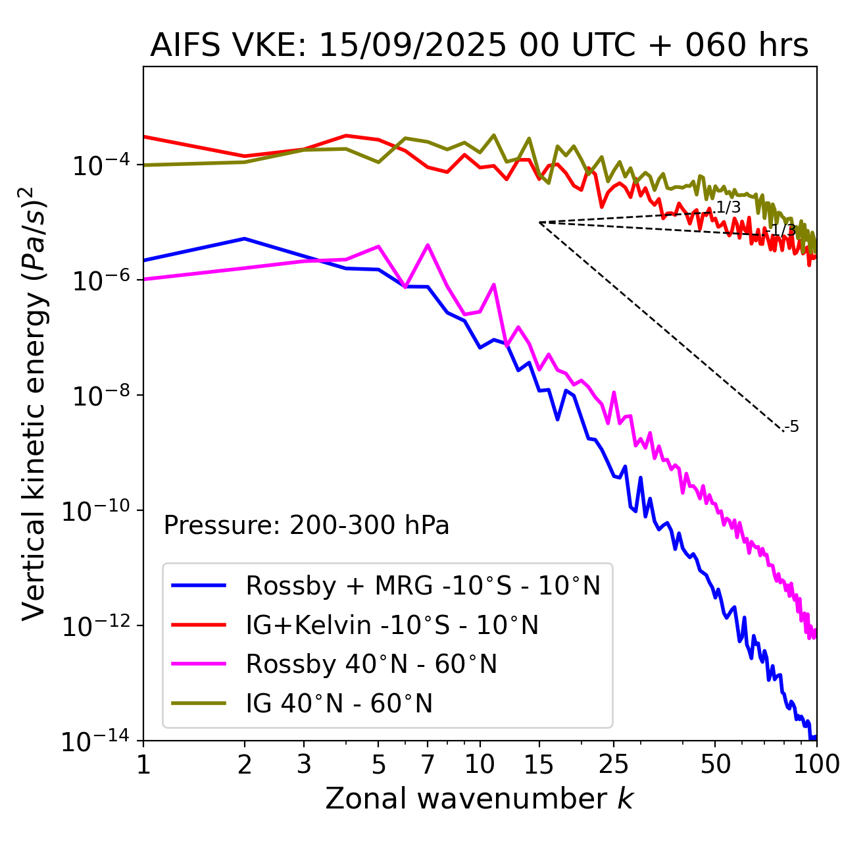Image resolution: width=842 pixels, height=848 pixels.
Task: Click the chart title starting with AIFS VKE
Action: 479,46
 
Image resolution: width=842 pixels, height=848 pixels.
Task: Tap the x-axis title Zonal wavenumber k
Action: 479,799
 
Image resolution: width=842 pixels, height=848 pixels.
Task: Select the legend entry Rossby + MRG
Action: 423,585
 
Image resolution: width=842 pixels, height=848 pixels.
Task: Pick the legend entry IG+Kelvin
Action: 392,625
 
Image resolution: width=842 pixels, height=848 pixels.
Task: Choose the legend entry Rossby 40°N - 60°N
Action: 371,664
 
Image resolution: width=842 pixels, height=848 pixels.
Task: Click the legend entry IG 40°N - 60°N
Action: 339,704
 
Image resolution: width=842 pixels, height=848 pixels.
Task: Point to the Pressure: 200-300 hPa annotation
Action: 307,525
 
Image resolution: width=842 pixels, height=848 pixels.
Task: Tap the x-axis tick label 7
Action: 428,764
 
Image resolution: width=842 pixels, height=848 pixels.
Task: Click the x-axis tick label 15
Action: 539,764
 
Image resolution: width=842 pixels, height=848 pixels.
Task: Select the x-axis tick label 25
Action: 614,764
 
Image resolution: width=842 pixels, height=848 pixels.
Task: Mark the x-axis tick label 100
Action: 816,764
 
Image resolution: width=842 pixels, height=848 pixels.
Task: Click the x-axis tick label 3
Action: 304,764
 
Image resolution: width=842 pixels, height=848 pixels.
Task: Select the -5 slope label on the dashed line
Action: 793,427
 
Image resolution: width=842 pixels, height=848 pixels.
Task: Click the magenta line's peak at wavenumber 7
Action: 428,245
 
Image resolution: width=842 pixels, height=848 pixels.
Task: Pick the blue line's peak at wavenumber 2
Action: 245,238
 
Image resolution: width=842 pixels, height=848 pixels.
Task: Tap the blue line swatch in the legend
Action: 199,585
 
